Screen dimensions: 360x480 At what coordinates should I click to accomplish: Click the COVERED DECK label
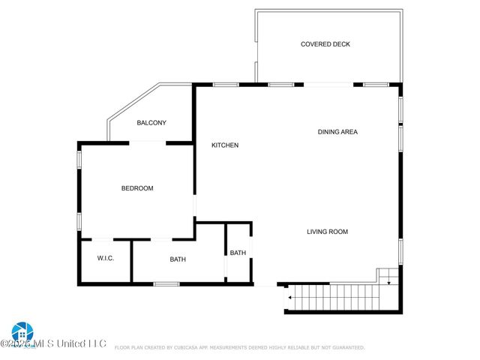325,44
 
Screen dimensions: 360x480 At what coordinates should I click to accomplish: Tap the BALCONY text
151,123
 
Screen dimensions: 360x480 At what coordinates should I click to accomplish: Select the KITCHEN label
224,145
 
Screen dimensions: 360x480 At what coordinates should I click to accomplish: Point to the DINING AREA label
337,132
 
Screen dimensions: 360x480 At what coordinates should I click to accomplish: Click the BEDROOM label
137,188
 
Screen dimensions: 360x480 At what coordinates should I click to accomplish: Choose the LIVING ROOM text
327,232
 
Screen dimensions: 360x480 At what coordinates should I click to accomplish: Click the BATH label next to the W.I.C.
178,259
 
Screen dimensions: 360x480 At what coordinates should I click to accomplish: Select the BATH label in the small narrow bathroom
238,253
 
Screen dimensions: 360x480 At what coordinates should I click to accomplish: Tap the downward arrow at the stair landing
388,281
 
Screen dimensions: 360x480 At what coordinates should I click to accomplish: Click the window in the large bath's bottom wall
166,284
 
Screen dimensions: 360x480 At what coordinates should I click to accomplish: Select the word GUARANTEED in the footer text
346,348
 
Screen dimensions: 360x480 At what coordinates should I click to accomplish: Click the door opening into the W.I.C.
103,240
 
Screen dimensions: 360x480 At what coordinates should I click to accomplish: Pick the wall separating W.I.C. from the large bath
131,262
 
